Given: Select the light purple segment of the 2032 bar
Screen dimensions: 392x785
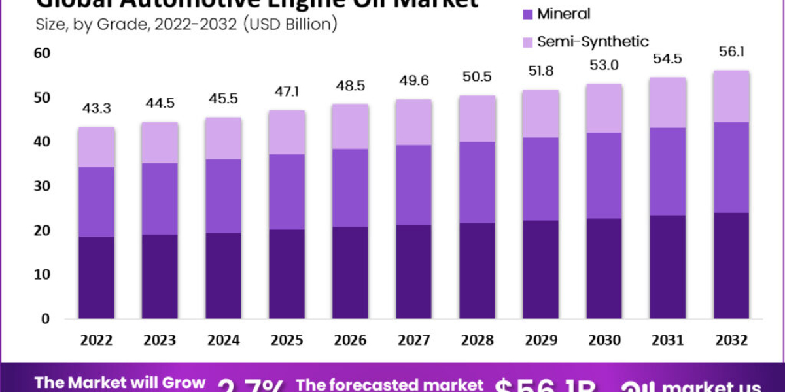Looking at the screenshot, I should click(x=731, y=96).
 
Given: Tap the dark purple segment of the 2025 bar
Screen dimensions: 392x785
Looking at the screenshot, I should click(x=287, y=274).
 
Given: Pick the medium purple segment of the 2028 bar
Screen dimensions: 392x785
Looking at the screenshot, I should click(x=478, y=182).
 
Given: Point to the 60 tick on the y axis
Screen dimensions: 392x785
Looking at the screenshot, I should click(x=41, y=53).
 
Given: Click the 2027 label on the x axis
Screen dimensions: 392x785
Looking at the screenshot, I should click(x=414, y=340).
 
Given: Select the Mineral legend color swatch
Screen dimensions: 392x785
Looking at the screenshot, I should click(x=527, y=14).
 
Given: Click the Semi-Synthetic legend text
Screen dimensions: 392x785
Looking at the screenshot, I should click(x=593, y=42).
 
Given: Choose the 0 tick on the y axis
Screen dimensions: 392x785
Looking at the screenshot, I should click(x=45, y=319).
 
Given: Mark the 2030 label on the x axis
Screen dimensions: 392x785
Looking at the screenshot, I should click(x=604, y=340).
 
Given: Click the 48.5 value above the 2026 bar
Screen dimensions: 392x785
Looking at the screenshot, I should click(x=351, y=86).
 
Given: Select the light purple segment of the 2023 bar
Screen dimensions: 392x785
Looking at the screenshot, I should click(x=160, y=142).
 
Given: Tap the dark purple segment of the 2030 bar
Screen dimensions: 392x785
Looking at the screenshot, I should click(x=604, y=269).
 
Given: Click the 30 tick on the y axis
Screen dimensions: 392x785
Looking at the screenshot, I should click(x=41, y=186).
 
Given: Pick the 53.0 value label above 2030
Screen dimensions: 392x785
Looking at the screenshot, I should click(x=604, y=66).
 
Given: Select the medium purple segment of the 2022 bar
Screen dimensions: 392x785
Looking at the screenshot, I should click(x=96, y=201).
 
